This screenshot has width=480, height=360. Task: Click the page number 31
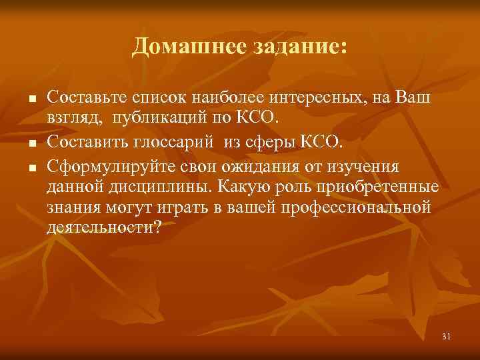pyautogui.click(x=447, y=336)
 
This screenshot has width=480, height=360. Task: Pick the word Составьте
pyautogui.click(x=85, y=97)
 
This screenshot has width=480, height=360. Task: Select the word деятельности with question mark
pyautogui.click(x=104, y=228)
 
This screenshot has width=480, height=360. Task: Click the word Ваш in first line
pyautogui.click(x=415, y=97)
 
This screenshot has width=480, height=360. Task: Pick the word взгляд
pyautogui.click(x=67, y=119)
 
